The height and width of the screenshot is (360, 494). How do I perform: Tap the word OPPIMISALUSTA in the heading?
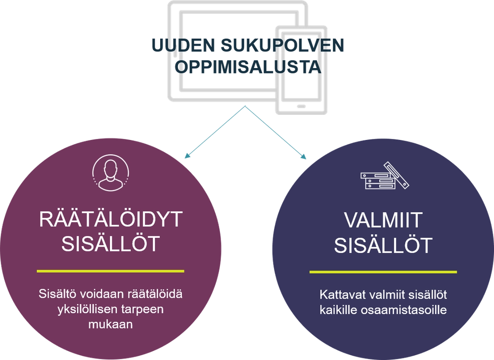248,67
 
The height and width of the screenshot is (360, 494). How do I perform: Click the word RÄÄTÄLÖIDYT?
110,220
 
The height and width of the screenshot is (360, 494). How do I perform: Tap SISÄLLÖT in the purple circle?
110,244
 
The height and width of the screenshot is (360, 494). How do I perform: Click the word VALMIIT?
384,221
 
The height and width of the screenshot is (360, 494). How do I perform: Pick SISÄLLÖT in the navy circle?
384,246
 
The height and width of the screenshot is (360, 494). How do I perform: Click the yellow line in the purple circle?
110,271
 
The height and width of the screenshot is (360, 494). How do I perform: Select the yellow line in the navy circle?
383,272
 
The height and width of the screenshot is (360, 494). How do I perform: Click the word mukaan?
110,324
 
